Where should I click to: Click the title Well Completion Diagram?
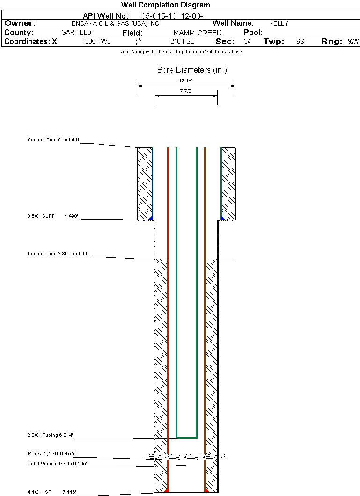coord(165,5)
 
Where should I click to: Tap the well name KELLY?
coord(279,23)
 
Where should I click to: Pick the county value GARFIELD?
coord(76,33)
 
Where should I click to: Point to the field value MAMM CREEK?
coord(197,33)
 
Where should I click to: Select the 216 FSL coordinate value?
coord(182,42)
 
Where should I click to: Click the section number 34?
coord(247,42)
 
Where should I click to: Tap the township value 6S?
coord(300,42)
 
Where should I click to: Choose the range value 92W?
coord(353,42)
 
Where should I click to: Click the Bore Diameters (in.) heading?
coord(192,70)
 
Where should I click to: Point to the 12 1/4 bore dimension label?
coord(186,81)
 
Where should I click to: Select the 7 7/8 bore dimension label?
coord(186,91)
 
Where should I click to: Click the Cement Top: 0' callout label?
coord(53,140)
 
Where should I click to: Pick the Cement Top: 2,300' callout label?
coord(58,254)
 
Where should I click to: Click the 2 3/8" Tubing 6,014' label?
coord(51,436)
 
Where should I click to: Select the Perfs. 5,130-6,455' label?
coord(51,454)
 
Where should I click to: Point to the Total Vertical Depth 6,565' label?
coord(57,464)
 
